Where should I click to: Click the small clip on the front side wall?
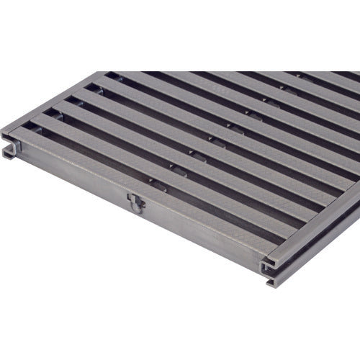pos(136,203)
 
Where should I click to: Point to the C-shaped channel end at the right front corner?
pos(270,269)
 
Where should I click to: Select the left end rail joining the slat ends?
pos(58,101)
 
